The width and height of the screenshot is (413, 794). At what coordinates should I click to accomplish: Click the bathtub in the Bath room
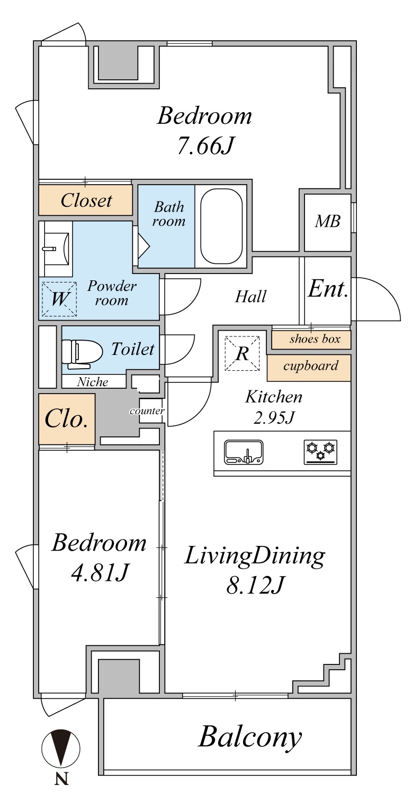click(x=221, y=226)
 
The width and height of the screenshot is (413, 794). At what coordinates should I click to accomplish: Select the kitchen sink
click(x=244, y=452)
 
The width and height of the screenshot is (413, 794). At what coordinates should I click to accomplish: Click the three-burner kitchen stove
click(x=320, y=452)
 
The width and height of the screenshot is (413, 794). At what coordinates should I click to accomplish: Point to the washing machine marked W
click(x=59, y=299)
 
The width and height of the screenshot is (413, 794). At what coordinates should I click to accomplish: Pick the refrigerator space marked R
click(x=243, y=353)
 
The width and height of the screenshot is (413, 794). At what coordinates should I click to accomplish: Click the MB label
click(x=328, y=221)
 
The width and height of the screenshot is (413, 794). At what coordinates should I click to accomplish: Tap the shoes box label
click(x=315, y=339)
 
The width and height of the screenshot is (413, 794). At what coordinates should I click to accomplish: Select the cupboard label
click(x=311, y=366)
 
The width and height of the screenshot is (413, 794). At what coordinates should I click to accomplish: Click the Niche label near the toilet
click(x=93, y=382)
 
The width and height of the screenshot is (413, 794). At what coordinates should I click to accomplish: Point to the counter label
click(x=147, y=411)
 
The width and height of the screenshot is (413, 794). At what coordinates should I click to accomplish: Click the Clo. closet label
click(x=66, y=418)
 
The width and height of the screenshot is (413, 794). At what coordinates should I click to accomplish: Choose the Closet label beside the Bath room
click(x=86, y=200)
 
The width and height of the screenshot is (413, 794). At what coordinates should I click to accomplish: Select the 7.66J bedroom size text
click(x=205, y=145)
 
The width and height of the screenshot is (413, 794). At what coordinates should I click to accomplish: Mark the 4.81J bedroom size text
click(x=100, y=572)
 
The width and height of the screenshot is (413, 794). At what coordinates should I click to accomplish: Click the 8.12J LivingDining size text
click(x=255, y=585)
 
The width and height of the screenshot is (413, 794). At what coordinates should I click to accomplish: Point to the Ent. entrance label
click(x=328, y=289)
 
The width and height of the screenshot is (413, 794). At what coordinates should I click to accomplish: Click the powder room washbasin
click(x=56, y=249)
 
